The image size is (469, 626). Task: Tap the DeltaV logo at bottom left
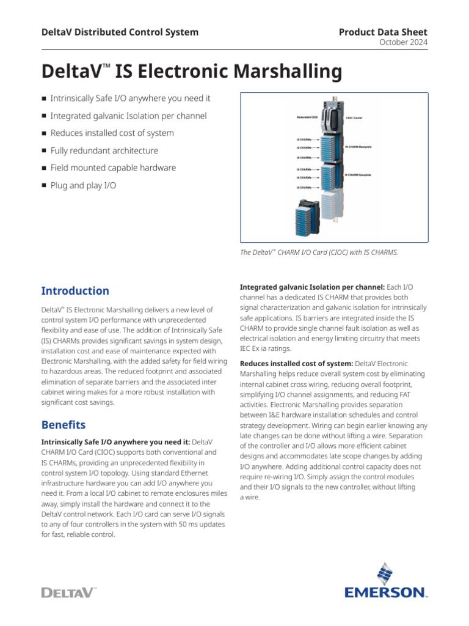click(69, 592)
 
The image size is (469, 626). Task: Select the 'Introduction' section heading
click(75, 291)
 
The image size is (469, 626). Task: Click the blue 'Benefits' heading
click(64, 424)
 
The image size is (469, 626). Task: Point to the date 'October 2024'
click(404, 42)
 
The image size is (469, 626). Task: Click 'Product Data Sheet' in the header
click(383, 32)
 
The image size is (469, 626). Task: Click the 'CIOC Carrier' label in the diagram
click(354, 117)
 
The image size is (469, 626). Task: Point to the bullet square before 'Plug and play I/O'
click(44, 185)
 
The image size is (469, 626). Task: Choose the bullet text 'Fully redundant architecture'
click(104, 150)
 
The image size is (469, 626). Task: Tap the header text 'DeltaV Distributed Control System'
click(120, 32)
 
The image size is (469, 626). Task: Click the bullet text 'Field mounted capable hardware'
click(113, 168)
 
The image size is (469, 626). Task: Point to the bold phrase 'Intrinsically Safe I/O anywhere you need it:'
click(115, 441)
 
